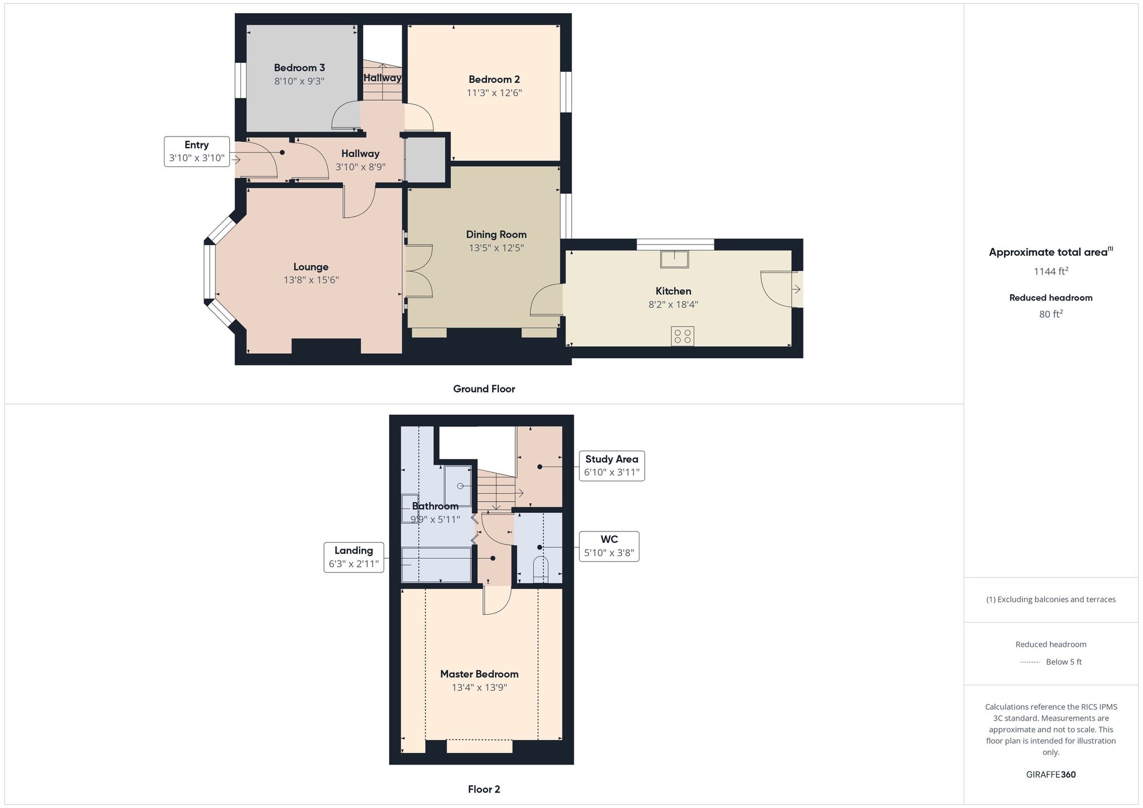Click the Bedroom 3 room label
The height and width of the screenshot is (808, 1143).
pos(299,68)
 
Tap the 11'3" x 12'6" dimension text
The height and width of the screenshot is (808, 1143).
pos(494,93)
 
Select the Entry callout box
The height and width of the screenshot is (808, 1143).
pos(197,151)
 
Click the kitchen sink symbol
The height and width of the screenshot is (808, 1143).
pos(674,259)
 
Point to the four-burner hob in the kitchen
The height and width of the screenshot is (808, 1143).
pos(682,336)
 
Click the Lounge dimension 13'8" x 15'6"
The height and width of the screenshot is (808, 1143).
pos(311,280)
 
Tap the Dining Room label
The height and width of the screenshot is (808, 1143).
pos(496,234)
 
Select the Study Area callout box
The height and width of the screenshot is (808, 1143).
pos(612,466)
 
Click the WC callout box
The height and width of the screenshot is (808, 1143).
pos(609,546)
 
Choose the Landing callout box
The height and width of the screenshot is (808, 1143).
pos(353,557)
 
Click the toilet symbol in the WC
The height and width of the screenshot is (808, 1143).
pos(540,569)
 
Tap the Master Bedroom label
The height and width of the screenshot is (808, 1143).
pos(479,674)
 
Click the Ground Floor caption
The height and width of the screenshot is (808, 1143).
pos(483,389)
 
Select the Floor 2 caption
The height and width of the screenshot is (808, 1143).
pos(483,789)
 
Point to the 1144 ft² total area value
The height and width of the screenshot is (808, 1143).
pos(1050,271)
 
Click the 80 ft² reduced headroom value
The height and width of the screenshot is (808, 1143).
pos(1050,314)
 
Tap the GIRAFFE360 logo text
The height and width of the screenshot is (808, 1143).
pos(1050,775)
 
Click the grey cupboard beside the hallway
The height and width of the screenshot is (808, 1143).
pos(425,159)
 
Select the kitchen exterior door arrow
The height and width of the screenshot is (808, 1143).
pos(796,289)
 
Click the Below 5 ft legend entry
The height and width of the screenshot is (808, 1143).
pos(1063,662)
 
